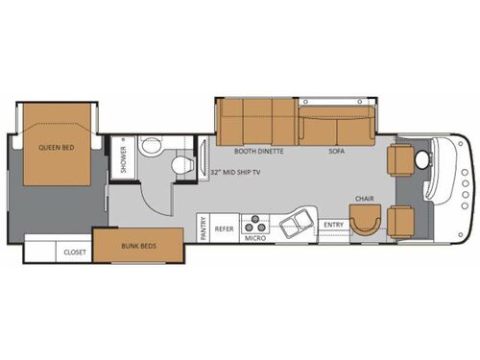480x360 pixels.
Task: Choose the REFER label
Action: tap(224, 229)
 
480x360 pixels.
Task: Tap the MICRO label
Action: tap(254, 236)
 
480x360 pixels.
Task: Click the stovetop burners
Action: tap(255, 221)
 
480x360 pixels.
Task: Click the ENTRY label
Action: tap(333, 225)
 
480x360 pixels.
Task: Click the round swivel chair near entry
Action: tap(365, 222)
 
